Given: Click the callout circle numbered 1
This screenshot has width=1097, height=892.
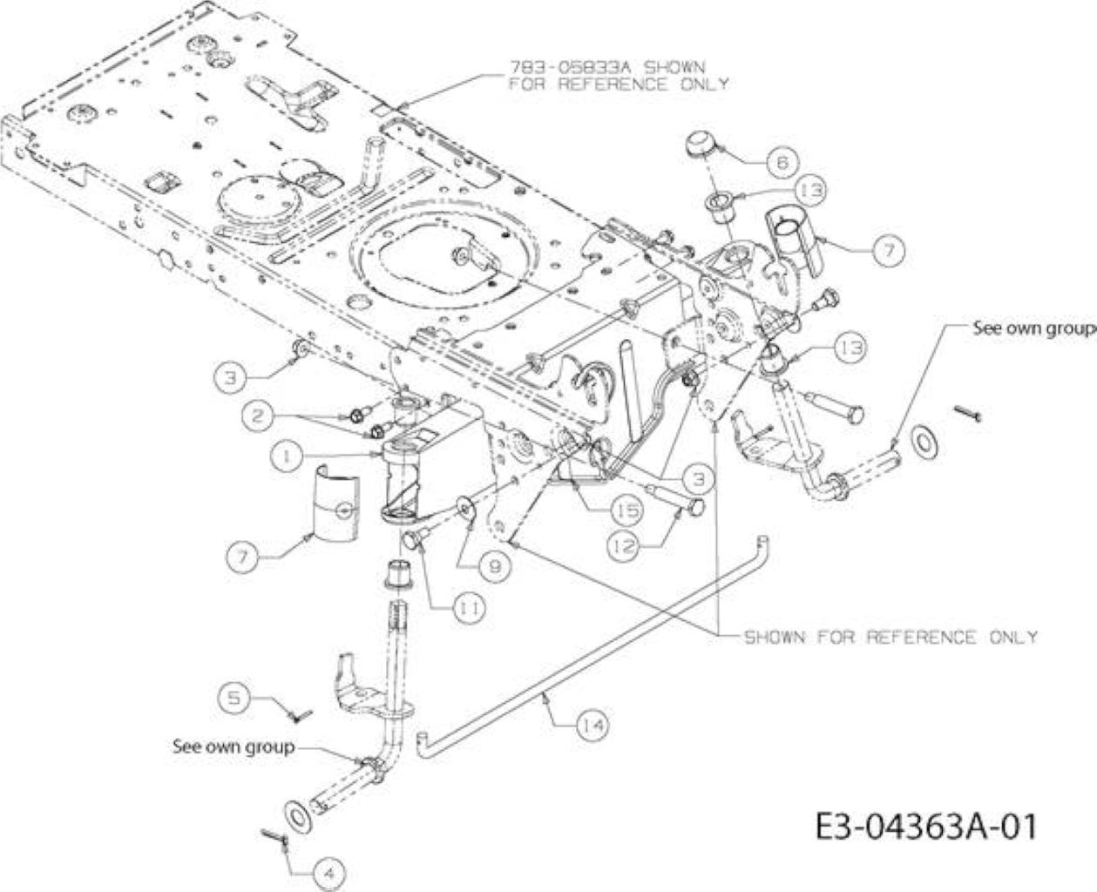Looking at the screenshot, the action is point(287,456).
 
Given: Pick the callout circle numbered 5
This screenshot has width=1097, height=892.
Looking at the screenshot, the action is point(234,699).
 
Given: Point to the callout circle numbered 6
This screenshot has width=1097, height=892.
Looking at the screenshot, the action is point(782,163).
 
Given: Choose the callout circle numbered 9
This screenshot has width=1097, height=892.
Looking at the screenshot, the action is point(493,567).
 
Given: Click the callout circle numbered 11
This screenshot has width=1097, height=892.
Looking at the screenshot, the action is point(469,609).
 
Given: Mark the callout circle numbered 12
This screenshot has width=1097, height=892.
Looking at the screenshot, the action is point(624,545).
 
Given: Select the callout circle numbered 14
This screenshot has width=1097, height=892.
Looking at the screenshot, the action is point(593,726).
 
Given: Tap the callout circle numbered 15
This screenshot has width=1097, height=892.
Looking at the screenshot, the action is point(626,510).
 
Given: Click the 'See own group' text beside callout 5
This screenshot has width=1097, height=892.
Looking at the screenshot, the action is point(234,747).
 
